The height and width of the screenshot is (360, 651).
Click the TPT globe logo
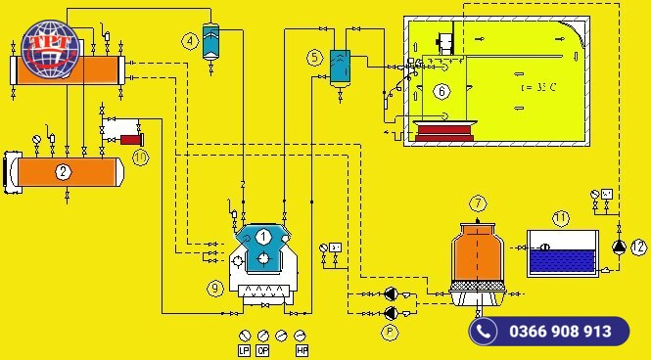click(x=47, y=49)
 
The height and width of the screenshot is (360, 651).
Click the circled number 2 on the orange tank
click(x=64, y=172)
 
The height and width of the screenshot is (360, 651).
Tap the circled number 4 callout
click(x=191, y=40)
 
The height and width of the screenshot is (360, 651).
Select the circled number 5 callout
click(x=314, y=58)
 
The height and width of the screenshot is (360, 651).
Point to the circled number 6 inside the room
click(x=442, y=92)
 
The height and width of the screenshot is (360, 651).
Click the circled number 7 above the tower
click(x=478, y=203)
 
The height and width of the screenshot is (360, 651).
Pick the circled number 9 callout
click(x=215, y=288)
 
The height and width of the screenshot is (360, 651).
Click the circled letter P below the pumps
click(x=389, y=332)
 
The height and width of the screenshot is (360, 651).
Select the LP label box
click(x=245, y=349)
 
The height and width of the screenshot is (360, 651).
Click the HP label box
click(x=302, y=349)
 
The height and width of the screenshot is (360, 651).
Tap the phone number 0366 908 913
click(x=560, y=332)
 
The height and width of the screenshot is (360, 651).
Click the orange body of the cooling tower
click(x=477, y=251)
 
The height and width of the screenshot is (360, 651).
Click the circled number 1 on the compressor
click(x=263, y=236)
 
